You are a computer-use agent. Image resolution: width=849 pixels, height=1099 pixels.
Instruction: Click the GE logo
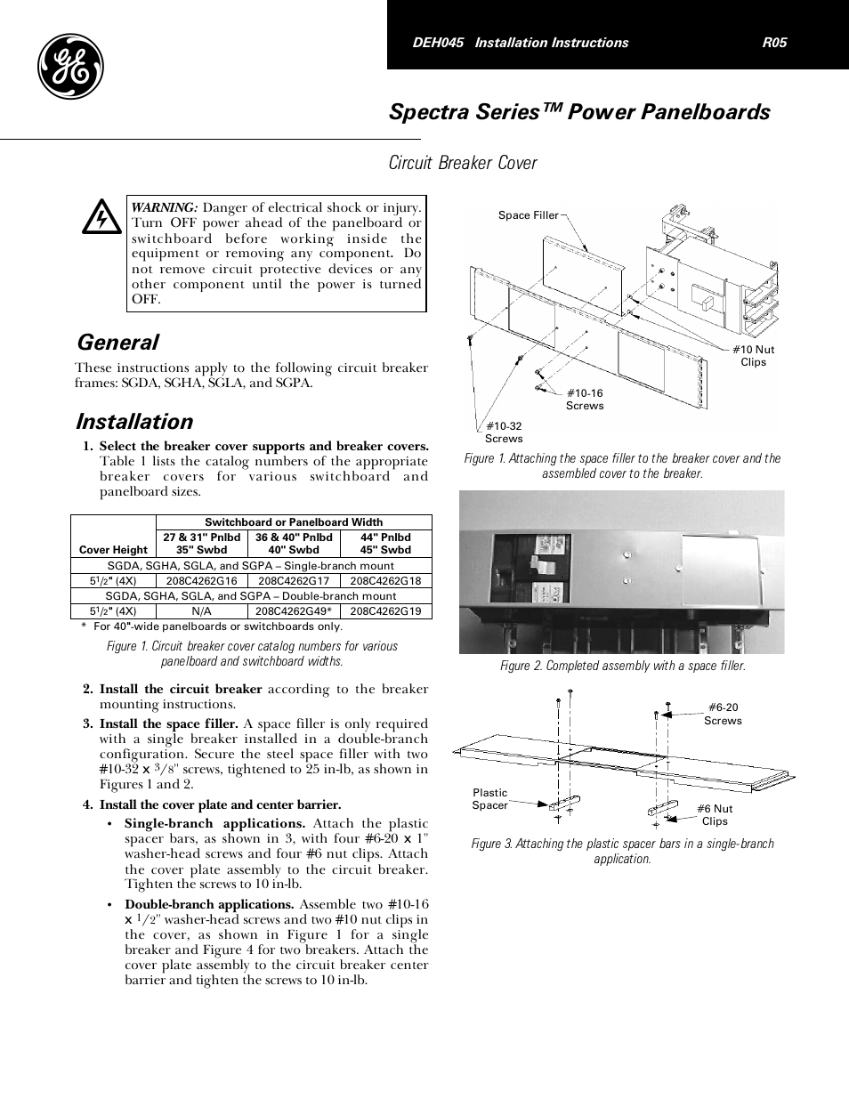pos(70,69)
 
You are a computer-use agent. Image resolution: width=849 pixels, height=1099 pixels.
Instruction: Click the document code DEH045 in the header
pos(438,43)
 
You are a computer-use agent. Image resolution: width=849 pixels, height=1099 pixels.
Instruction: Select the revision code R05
pos(774,43)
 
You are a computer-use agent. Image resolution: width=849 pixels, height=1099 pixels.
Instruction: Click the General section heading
pos(117,343)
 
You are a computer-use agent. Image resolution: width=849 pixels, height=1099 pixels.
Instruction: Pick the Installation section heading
pos(134,422)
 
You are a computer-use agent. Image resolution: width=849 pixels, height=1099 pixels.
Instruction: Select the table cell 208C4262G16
pos(201,581)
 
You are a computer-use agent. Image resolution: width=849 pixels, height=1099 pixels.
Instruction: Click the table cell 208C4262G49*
pos(295,611)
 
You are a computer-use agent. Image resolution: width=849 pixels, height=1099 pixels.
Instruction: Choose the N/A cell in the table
pos(201,611)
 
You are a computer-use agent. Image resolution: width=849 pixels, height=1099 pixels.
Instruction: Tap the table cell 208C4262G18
pos(385,581)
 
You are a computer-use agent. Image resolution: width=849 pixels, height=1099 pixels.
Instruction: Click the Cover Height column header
pos(113,550)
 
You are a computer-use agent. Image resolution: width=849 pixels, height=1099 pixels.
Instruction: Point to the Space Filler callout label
pos(528,215)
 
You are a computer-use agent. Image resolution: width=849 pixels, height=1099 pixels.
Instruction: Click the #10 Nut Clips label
pos(753,356)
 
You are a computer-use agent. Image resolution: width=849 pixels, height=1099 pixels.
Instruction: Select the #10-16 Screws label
pos(585,400)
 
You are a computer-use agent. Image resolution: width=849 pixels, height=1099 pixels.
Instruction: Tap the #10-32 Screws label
pos(504,432)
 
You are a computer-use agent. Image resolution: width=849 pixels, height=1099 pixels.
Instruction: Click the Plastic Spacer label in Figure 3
pos(489,799)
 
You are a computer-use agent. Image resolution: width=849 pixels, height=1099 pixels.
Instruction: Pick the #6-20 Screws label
pos(723,714)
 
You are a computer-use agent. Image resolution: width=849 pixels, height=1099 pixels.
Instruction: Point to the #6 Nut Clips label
pos(715,815)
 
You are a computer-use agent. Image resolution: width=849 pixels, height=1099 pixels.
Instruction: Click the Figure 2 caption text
pos(622,666)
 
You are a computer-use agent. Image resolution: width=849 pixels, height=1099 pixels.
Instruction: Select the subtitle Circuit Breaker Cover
pos(463,163)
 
